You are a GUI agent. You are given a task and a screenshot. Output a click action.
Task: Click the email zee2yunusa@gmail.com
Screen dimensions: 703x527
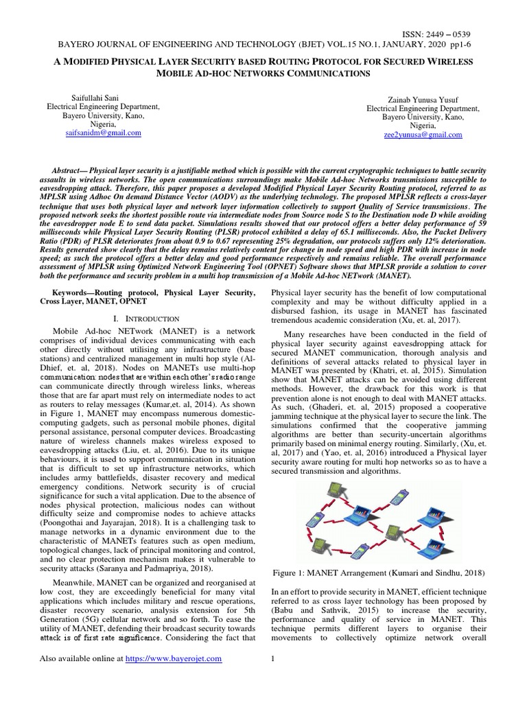click(423, 135)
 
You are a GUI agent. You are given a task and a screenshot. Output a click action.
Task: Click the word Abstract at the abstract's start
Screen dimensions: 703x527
click(72, 169)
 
